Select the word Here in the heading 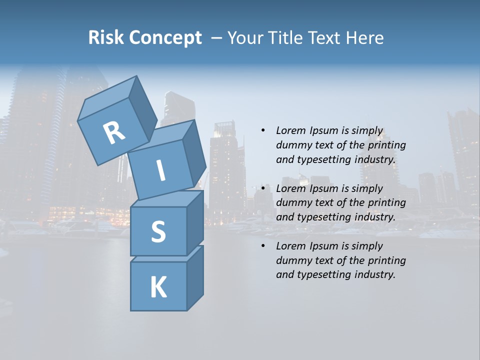(364, 38)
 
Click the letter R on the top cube (114, 133)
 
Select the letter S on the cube (158, 231)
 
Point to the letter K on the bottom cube (158, 287)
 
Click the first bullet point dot (263, 131)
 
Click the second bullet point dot (263, 188)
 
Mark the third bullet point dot (263, 246)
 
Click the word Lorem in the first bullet (291, 131)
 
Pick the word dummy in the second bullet (292, 203)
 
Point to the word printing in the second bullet (386, 203)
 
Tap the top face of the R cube (107, 100)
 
